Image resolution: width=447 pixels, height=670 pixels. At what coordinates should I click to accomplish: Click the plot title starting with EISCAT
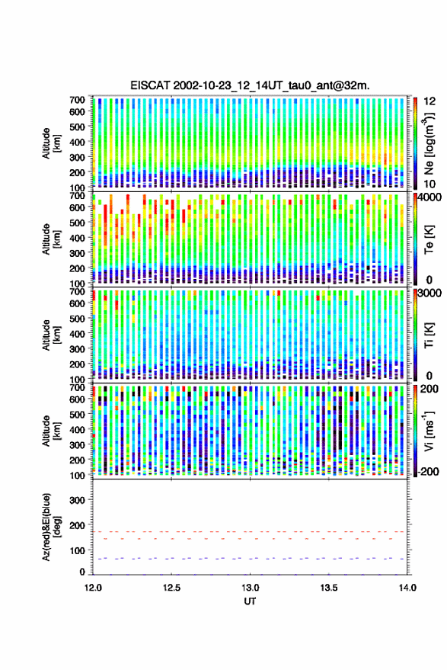click(x=250, y=85)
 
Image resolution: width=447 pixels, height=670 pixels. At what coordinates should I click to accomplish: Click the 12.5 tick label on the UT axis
click(x=171, y=588)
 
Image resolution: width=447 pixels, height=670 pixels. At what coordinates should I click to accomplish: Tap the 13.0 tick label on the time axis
click(x=251, y=588)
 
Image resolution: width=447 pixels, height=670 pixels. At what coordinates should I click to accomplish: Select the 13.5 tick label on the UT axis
click(x=329, y=588)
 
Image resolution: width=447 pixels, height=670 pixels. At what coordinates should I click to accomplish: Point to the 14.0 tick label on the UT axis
click(x=407, y=588)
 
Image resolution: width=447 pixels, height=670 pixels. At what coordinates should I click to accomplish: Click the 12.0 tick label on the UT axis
click(x=93, y=588)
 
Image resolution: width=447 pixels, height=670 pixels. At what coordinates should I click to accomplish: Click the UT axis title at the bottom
click(x=250, y=601)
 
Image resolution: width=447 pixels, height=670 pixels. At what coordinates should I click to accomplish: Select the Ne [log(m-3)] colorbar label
click(x=429, y=143)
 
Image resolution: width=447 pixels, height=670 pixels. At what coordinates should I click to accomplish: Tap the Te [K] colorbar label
click(x=429, y=239)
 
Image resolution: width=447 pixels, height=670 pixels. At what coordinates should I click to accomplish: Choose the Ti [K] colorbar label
click(x=429, y=335)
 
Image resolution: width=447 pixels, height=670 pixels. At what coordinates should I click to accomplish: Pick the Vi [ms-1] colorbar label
click(x=429, y=431)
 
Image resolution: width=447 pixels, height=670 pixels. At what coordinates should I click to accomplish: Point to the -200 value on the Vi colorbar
click(x=428, y=472)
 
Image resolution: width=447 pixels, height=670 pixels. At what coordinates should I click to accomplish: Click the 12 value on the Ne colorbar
click(x=429, y=101)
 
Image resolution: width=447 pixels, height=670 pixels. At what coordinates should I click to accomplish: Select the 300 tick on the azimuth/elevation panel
click(x=77, y=500)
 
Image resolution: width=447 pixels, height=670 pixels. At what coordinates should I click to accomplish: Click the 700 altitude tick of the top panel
click(x=77, y=100)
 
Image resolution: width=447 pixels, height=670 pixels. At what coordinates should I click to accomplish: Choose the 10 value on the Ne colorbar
click(x=429, y=184)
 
